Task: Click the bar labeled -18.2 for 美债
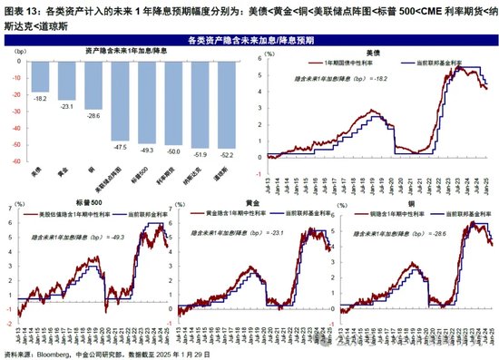(40, 78)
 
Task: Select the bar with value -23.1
(66, 82)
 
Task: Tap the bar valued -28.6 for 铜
(93, 86)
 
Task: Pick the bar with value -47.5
(119, 101)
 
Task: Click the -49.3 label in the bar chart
(146, 148)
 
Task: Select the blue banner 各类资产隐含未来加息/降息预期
(249, 41)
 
